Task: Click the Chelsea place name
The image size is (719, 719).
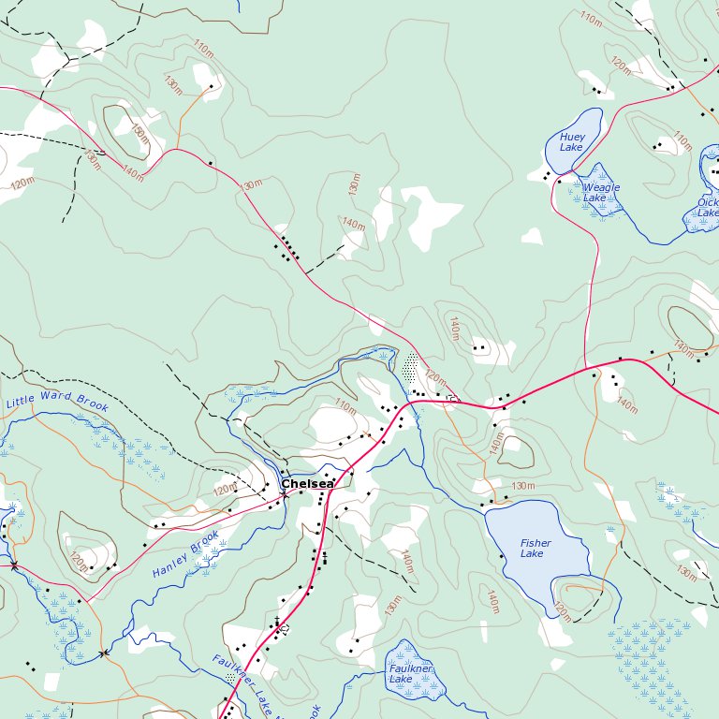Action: point(307,484)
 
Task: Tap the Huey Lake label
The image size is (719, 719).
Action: point(571,142)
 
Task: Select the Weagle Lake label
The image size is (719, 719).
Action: point(601,193)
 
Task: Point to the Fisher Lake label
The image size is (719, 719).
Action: point(536,549)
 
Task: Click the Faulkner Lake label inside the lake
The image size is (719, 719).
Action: point(410,674)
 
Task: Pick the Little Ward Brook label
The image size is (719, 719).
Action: point(57,404)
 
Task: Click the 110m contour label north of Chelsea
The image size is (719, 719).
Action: point(345,407)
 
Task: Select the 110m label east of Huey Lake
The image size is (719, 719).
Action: point(682,141)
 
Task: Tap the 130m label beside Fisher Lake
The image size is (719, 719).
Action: point(523,486)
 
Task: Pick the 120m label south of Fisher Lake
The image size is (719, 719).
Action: point(561,612)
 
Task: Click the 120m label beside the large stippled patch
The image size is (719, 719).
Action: point(436,379)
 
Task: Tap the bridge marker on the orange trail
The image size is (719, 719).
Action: point(102,653)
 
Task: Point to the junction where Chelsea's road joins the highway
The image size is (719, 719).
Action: point(405,404)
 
